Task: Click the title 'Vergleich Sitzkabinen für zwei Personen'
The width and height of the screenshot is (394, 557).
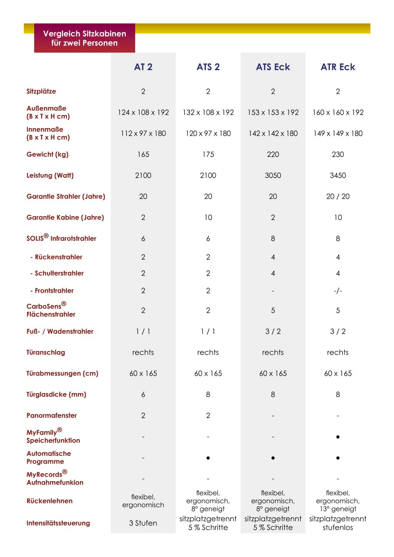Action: click(x=85, y=38)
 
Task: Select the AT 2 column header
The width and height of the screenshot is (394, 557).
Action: click(x=143, y=67)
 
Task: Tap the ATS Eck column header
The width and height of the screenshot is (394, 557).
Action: click(x=273, y=67)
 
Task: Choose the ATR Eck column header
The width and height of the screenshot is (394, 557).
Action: click(x=338, y=67)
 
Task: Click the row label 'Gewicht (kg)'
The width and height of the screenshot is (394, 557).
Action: click(x=47, y=154)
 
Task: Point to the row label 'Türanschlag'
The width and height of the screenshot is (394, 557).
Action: click(x=46, y=352)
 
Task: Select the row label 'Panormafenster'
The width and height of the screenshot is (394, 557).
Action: click(x=52, y=415)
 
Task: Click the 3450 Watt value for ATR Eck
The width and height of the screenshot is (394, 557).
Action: click(x=338, y=175)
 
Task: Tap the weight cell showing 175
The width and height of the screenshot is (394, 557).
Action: click(x=208, y=154)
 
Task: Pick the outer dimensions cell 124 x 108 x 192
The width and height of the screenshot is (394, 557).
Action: click(x=143, y=112)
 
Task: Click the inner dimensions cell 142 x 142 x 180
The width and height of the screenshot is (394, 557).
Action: click(x=273, y=133)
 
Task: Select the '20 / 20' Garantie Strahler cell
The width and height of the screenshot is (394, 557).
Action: click(x=338, y=197)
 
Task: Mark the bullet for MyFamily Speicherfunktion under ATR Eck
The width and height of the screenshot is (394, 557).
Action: click(x=338, y=437)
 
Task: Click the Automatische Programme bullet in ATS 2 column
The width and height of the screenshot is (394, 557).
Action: click(x=208, y=458)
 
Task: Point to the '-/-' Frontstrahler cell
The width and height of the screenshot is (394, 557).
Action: click(x=338, y=291)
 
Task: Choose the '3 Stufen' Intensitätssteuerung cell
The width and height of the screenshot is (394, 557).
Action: click(x=143, y=523)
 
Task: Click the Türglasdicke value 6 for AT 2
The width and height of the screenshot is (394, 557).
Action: click(x=143, y=394)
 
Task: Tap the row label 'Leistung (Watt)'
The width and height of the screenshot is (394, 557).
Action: click(x=50, y=175)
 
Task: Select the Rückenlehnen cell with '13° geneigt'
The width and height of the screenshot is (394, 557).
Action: click(x=338, y=501)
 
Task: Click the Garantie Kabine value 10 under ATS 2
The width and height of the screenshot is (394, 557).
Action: click(x=208, y=217)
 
